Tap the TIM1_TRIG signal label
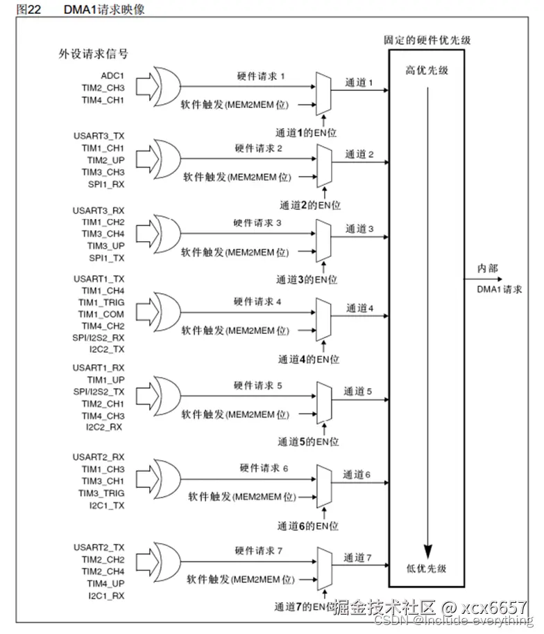(101, 302)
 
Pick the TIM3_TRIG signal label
(101, 493)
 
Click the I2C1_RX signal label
(105, 595)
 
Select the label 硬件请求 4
(257, 301)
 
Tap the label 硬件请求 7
(258, 551)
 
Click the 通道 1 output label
(359, 82)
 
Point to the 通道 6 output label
(357, 475)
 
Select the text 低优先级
(426, 569)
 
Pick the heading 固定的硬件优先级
(427, 40)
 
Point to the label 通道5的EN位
(309, 441)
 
